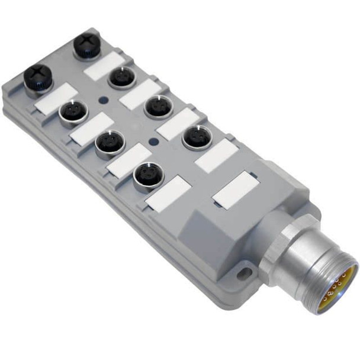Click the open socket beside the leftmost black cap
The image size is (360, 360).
pos(72,111)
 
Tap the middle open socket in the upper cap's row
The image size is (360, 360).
pos(157,107)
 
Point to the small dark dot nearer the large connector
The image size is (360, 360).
pos(156,141)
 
